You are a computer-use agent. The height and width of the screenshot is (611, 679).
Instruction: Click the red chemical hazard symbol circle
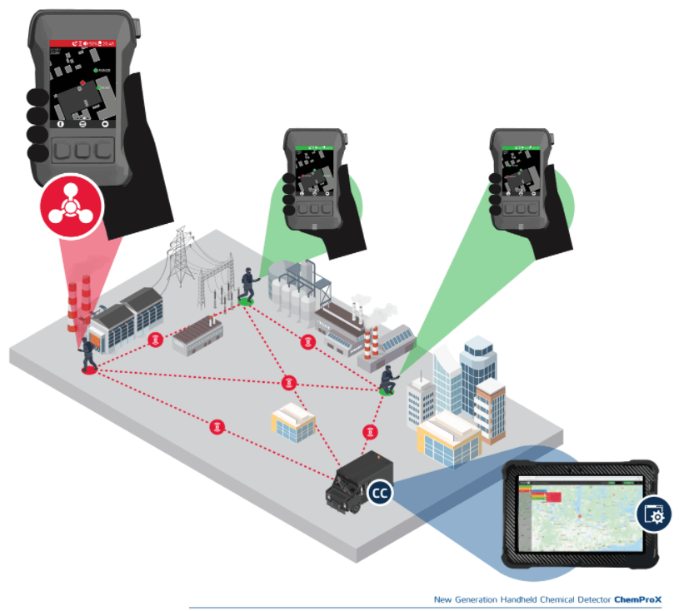[71, 205]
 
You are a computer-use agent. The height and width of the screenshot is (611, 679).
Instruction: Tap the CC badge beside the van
[380, 493]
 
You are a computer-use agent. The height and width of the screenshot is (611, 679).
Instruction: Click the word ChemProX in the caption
[637, 599]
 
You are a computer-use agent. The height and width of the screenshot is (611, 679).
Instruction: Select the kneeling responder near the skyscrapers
[387, 379]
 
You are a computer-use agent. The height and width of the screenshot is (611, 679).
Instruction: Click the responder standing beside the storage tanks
[247, 284]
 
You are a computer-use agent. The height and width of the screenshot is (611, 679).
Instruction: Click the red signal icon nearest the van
[370, 431]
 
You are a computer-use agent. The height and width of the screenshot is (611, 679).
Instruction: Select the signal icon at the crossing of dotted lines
[288, 382]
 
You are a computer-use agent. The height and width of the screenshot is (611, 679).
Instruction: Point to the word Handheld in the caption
[527, 599]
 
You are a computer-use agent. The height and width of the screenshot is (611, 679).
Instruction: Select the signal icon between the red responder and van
[217, 426]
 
